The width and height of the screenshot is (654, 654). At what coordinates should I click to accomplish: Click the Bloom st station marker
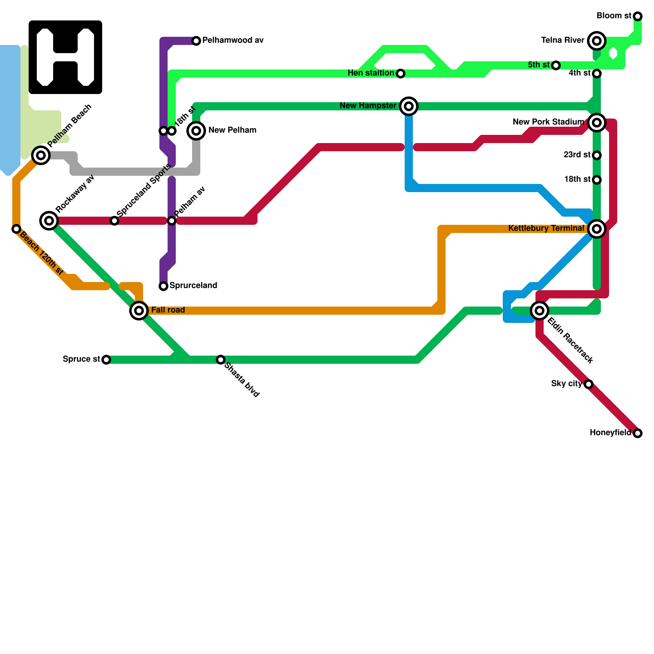click(638, 16)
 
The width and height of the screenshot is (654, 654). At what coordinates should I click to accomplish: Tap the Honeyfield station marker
click(638, 433)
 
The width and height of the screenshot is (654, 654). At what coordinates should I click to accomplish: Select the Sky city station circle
click(589, 384)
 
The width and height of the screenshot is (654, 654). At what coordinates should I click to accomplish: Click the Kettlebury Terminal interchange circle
click(597, 229)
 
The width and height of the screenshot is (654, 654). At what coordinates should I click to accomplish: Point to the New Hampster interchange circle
click(409, 106)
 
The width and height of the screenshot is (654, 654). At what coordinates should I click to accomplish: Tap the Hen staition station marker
click(401, 74)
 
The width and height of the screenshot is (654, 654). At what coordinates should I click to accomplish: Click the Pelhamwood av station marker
click(196, 41)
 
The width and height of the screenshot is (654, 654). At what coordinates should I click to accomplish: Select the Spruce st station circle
click(106, 360)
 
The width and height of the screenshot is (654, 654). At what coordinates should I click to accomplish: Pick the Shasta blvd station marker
click(221, 360)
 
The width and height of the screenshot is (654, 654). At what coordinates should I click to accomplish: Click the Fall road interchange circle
click(139, 311)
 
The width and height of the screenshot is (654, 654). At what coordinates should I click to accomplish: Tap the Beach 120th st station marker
click(16, 229)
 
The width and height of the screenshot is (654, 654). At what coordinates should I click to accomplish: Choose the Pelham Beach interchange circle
click(41, 155)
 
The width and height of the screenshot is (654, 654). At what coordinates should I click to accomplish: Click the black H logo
click(65, 57)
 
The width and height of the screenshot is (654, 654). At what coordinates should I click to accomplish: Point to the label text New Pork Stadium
click(548, 122)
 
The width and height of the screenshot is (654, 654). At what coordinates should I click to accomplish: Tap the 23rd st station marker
click(597, 155)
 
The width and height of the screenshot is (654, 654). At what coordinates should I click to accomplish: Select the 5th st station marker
click(556, 65)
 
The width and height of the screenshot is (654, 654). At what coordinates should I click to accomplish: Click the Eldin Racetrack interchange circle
click(540, 311)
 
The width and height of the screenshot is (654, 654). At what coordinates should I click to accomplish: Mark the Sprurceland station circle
click(163, 286)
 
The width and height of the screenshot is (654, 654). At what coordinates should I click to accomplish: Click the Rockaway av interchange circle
click(49, 221)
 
